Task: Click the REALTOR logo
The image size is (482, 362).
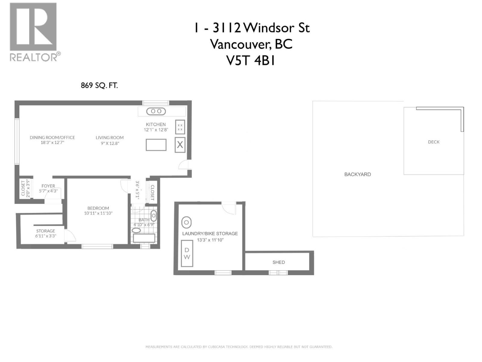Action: (x=35, y=32)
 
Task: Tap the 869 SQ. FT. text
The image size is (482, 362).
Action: (x=99, y=85)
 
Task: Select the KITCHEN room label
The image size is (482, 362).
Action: (x=156, y=124)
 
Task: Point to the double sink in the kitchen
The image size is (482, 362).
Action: (x=156, y=111)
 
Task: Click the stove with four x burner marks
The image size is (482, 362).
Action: (x=180, y=127)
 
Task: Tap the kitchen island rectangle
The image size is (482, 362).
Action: (x=156, y=145)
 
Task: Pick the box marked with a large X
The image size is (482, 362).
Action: (x=180, y=145)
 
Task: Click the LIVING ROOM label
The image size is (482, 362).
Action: (x=110, y=138)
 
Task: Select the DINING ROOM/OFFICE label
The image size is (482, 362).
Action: (x=52, y=138)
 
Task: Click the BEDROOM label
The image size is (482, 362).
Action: (x=98, y=208)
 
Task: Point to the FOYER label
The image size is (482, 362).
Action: (x=48, y=186)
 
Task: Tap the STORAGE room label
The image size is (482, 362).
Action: (x=46, y=231)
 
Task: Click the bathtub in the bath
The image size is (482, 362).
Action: (x=144, y=238)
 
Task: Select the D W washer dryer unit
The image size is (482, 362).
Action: (x=187, y=253)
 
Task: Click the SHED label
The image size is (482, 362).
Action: (x=279, y=262)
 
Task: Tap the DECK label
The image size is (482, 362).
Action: (x=434, y=142)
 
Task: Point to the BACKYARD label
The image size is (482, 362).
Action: (x=358, y=174)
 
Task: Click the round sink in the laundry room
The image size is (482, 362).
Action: (x=186, y=222)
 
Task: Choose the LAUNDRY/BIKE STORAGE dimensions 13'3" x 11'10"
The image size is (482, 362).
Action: (x=210, y=240)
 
